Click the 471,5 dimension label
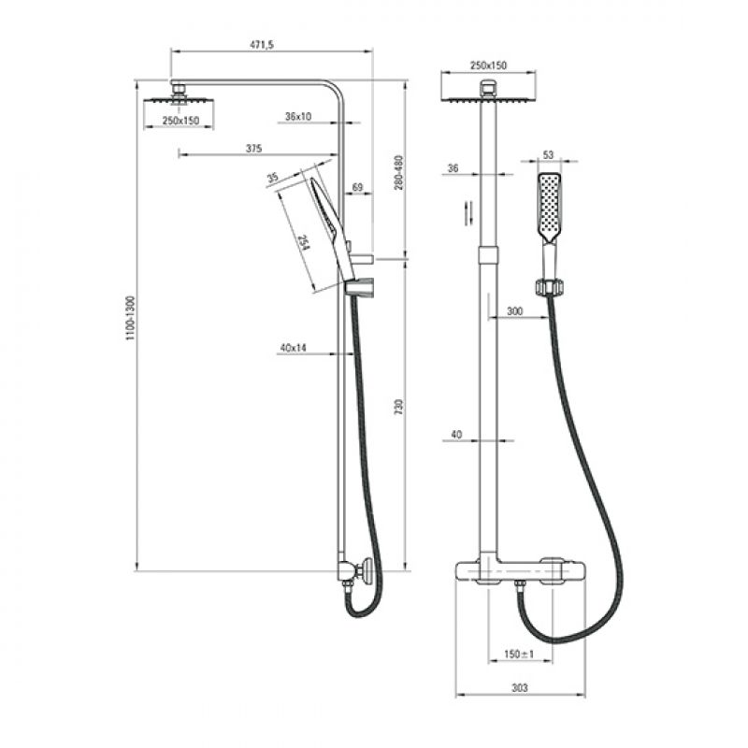point(262,45)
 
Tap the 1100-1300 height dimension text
point(131,318)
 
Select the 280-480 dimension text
point(398,173)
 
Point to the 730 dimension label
point(398,407)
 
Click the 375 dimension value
point(253,149)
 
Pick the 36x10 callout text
point(298,116)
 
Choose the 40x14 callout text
point(293,348)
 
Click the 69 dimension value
point(357,188)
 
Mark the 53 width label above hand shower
point(548,155)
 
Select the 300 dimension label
point(515,311)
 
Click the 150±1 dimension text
point(519,654)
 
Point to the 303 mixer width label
point(520,688)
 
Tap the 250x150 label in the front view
point(488,65)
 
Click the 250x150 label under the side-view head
point(180,121)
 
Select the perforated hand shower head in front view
point(550,207)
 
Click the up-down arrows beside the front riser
point(469,212)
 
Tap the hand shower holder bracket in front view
point(550,287)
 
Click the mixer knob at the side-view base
point(367,571)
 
